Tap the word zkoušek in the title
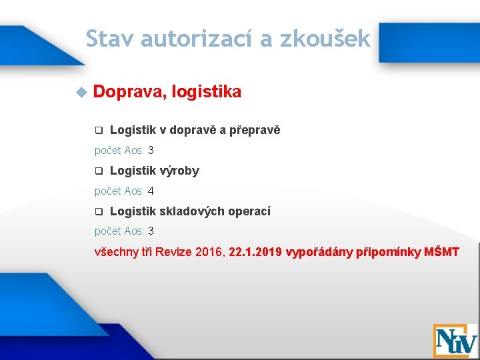(x=325, y=39)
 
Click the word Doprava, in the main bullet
(x=129, y=91)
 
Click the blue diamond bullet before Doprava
(x=81, y=91)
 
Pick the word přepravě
(x=255, y=131)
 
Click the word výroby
(x=179, y=171)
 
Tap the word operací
(x=249, y=212)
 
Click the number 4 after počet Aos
(x=151, y=191)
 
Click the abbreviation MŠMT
(x=442, y=253)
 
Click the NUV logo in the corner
(x=455, y=341)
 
